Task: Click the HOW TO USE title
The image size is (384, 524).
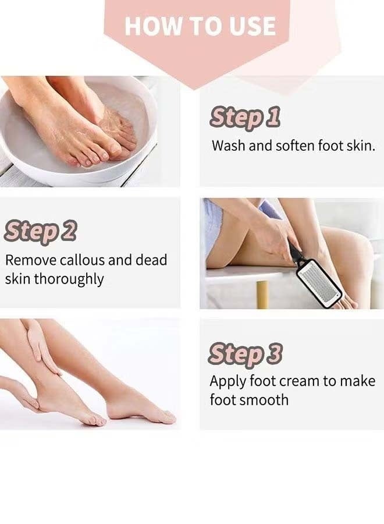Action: tap(200, 26)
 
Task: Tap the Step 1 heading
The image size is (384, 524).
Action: tap(245, 118)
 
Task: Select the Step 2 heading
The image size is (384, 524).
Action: tap(40, 231)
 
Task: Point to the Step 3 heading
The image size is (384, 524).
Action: tap(246, 354)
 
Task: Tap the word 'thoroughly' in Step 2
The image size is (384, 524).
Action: tap(69, 279)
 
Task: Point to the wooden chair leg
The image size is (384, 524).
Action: tap(262, 294)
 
